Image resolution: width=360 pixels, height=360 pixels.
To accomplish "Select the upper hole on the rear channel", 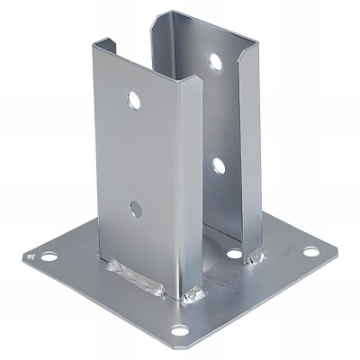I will (x=215, y=62).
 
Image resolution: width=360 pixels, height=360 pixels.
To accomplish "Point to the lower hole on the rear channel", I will (x=216, y=165).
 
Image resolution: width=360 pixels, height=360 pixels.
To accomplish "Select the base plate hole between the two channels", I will (x=233, y=255).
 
